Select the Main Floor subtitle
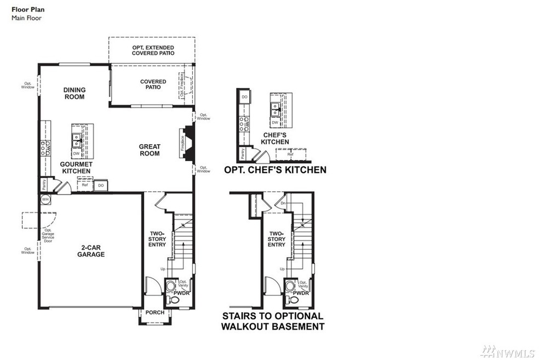(26, 18)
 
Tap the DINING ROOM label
(74, 93)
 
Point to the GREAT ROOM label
(149, 150)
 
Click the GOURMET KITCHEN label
(76, 168)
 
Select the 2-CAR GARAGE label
(90, 251)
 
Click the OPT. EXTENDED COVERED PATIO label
(152, 51)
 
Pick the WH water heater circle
(45, 199)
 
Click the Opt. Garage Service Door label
(48, 236)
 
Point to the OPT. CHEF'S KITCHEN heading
(275, 170)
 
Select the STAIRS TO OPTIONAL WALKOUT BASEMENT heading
(272, 321)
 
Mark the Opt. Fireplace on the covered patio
(182, 86)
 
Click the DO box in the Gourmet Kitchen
(101, 186)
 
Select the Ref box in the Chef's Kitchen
(290, 155)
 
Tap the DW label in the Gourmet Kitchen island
(76, 153)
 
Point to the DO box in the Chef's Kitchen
(244, 96)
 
